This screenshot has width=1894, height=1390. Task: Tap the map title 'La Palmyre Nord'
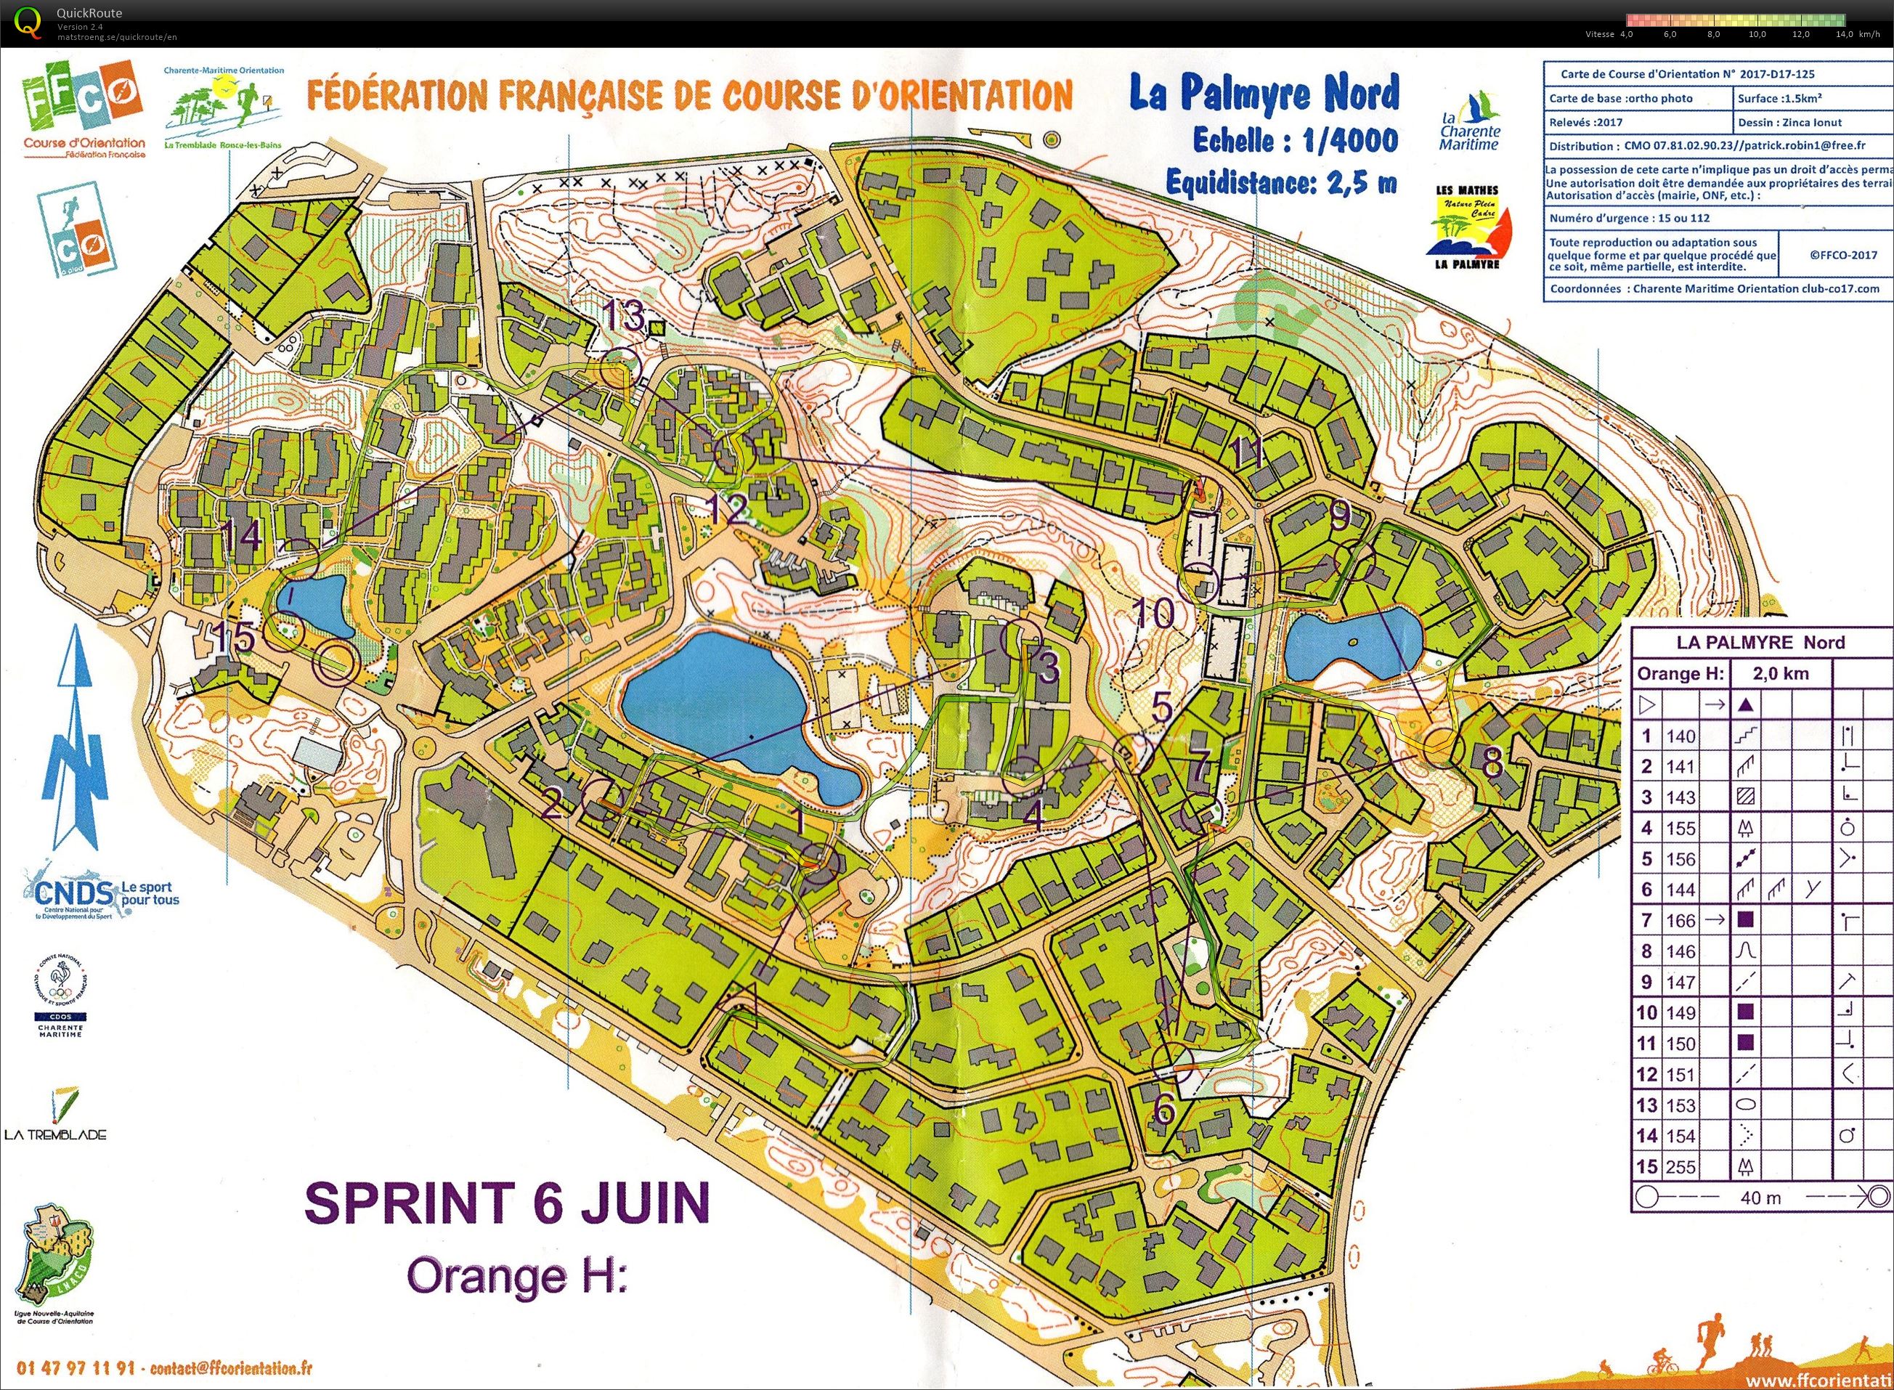[x=1264, y=92]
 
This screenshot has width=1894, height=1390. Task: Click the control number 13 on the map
[x=624, y=317]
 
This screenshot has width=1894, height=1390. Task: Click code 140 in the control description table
[x=1680, y=736]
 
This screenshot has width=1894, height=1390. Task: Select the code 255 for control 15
[x=1680, y=1167]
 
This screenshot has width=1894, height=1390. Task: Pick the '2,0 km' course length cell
[x=1781, y=674]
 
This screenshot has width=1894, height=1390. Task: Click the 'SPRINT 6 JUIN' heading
[x=506, y=1203]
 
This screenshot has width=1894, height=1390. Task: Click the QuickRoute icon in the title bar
[x=28, y=23]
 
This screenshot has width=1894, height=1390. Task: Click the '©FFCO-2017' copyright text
[x=1842, y=255]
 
